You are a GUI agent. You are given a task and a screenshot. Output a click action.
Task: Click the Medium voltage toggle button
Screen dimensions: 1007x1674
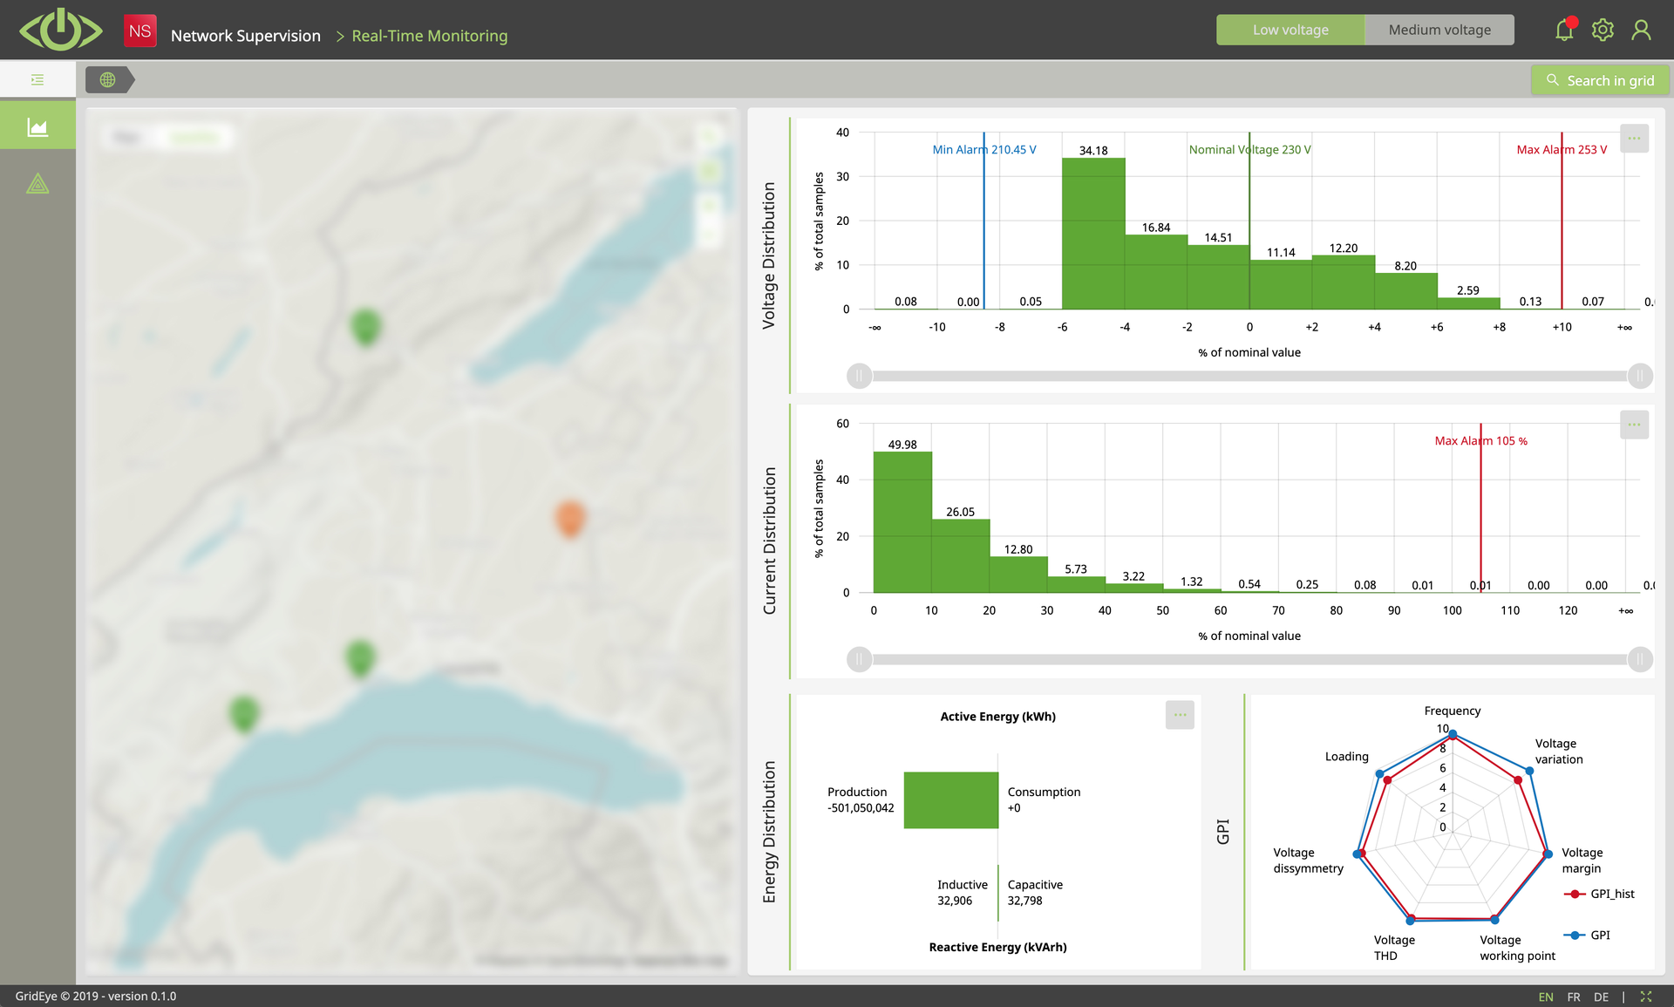pos(1439,30)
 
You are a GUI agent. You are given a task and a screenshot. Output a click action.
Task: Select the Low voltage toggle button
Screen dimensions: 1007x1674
pos(1290,30)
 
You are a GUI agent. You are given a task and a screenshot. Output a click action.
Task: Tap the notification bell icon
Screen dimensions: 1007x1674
pos(1564,31)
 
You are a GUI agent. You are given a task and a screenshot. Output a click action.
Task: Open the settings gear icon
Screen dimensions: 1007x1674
pos(1603,31)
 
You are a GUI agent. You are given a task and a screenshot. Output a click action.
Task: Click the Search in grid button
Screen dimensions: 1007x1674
pos(1601,80)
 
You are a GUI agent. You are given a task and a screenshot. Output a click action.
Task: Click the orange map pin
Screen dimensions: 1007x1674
pos(569,518)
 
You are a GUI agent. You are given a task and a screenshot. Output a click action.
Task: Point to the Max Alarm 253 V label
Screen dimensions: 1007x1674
pos(1562,150)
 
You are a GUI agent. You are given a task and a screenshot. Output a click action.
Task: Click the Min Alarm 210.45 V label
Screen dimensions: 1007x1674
pos(984,150)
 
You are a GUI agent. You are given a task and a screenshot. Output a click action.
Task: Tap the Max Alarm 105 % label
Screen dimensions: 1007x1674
pos(1480,441)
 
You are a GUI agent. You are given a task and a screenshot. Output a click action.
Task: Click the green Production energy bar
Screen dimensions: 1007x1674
pos(950,799)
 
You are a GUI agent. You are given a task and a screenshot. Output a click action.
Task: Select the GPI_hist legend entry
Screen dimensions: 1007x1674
pos(1611,894)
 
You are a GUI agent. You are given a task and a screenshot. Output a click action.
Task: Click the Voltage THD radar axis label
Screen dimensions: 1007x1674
pos(1393,948)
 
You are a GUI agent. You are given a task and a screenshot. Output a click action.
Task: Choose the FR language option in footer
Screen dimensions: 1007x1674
pos(1574,997)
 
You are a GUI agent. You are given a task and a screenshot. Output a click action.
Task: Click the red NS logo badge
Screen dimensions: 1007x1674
pos(139,31)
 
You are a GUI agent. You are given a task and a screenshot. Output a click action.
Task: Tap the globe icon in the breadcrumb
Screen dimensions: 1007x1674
pos(107,80)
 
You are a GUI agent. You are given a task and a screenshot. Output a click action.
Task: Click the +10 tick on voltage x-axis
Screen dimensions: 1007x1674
pos(1562,327)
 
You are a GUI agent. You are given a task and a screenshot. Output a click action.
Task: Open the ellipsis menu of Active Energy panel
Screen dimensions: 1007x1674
pos(1180,715)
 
